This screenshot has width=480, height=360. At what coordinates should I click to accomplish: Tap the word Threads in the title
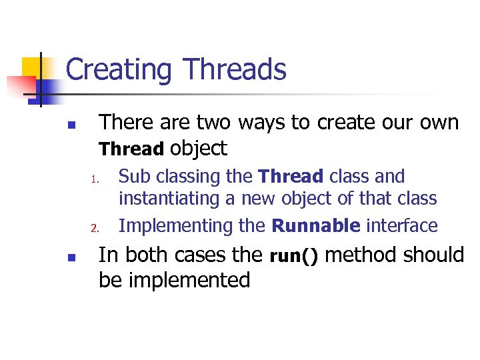[x=234, y=70]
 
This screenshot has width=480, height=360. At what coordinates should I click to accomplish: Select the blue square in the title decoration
[x=51, y=89]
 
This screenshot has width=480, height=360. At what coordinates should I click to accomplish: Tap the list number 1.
[x=95, y=179]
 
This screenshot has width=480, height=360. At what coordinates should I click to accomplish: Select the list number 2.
[x=95, y=228]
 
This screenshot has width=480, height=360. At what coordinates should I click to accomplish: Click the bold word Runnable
[x=315, y=226]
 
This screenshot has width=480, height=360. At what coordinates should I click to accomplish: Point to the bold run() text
[x=293, y=256]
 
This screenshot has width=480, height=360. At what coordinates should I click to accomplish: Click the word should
[x=435, y=255]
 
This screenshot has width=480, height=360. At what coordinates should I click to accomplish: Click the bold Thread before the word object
[x=131, y=149]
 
